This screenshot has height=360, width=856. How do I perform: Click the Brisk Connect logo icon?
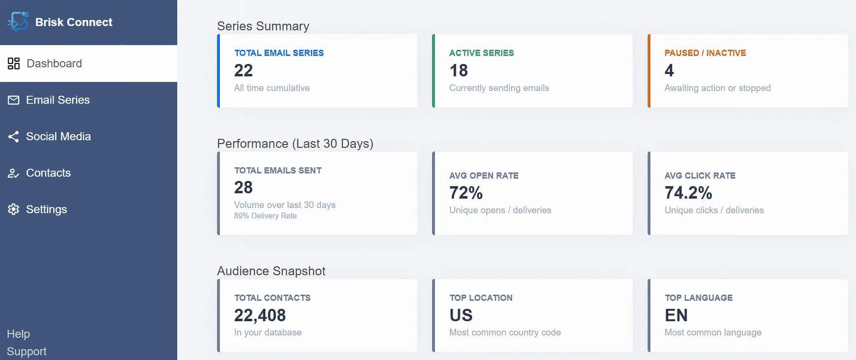pos(18,22)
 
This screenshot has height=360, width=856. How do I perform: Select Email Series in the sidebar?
pos(58,100)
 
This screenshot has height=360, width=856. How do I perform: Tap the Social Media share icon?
pos(13,137)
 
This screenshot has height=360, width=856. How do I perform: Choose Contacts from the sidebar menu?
pos(48,173)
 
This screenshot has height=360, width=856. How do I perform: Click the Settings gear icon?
pos(13,209)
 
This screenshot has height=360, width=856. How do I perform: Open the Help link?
pos(18,334)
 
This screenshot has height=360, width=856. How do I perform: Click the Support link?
pos(27,352)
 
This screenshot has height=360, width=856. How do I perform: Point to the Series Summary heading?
pos(263,26)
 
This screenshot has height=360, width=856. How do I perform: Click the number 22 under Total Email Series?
pos(243,70)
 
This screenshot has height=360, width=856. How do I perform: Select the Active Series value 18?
pos(459,70)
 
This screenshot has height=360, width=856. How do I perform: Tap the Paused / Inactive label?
pos(705,53)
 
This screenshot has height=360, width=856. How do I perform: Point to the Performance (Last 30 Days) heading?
pos(295,143)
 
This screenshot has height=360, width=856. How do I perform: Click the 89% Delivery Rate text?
pos(265,216)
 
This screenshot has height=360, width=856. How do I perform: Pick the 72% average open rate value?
pos(466,193)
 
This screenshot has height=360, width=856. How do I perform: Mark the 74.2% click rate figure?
pos(688,193)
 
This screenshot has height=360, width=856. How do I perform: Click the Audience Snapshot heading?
pos(271,271)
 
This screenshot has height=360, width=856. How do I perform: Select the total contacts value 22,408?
pos(260,315)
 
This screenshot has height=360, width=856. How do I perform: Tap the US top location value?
pos(461,315)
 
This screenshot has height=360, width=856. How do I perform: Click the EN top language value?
pos(676,315)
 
